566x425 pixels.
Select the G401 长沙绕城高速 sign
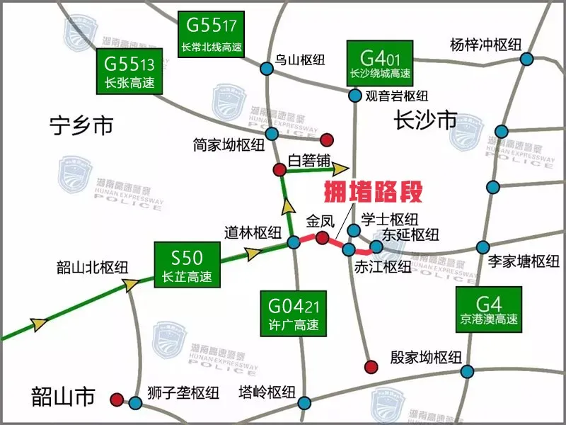[x=380, y=62]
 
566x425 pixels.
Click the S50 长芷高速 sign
[x=187, y=264]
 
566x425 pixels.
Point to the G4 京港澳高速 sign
[x=489, y=310]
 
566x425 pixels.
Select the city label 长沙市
[x=426, y=120]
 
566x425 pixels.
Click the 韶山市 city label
[x=63, y=396]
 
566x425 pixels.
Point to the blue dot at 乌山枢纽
[x=266, y=69]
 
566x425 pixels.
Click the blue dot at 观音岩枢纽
[x=354, y=94]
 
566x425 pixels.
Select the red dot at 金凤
[x=322, y=237]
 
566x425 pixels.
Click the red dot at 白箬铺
[x=279, y=169]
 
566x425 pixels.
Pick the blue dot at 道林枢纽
[x=294, y=243]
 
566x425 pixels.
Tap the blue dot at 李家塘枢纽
[x=483, y=247]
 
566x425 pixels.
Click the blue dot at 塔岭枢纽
[x=304, y=403]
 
